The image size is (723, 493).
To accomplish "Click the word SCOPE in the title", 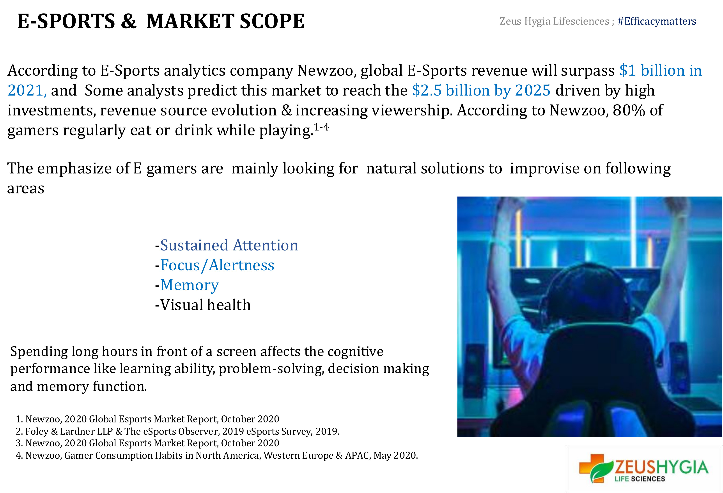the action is (x=272, y=21).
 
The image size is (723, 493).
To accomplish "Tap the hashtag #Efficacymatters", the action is (x=657, y=21).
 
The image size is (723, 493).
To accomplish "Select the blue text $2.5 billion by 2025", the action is (x=481, y=90).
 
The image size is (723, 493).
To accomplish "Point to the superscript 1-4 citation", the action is (x=321, y=127).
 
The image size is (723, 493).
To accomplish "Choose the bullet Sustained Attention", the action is (x=227, y=245).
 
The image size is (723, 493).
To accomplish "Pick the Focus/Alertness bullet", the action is (x=215, y=265).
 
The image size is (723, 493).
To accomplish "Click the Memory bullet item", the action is (x=187, y=285).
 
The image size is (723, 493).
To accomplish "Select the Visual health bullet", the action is (x=203, y=305).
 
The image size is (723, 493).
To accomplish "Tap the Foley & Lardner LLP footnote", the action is (x=177, y=431).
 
